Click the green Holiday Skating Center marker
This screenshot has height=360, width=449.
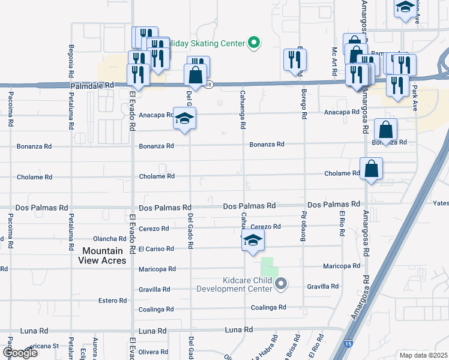pyautogui.click(x=254, y=43)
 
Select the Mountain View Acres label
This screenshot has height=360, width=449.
pyautogui.click(x=102, y=256)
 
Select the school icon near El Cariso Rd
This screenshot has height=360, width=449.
pyautogui.click(x=253, y=240)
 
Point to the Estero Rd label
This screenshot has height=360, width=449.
pyautogui.click(x=113, y=300)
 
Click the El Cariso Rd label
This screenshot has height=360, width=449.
pyautogui.click(x=157, y=248)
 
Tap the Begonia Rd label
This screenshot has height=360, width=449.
pyautogui.click(x=71, y=58)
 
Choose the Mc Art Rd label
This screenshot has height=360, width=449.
pyautogui.click(x=334, y=58)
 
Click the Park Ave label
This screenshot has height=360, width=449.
pyautogui.click(x=414, y=98)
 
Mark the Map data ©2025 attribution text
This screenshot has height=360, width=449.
pyautogui.click(x=424, y=355)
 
